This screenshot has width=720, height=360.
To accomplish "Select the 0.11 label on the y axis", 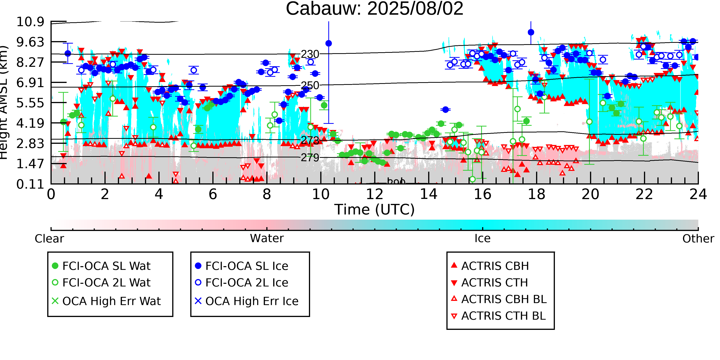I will (x=30, y=184).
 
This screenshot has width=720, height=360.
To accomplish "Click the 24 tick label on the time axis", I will (x=698, y=194).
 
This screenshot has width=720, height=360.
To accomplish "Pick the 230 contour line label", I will (x=310, y=54).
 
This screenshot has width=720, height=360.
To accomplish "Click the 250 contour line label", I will (x=310, y=85).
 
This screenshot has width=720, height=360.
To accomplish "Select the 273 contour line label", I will (x=310, y=140).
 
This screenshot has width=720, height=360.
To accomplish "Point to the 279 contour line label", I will (x=310, y=158).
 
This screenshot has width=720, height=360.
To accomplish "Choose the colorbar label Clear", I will (x=49, y=239).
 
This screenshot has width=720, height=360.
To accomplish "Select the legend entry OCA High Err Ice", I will (x=252, y=301).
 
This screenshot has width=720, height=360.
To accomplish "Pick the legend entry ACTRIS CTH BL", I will (x=503, y=316).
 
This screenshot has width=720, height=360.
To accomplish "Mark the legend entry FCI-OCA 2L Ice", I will (x=247, y=283).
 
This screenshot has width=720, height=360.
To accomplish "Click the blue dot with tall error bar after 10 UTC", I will (x=329, y=43).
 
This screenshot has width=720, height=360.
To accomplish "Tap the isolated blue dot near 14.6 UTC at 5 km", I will (x=445, y=110).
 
